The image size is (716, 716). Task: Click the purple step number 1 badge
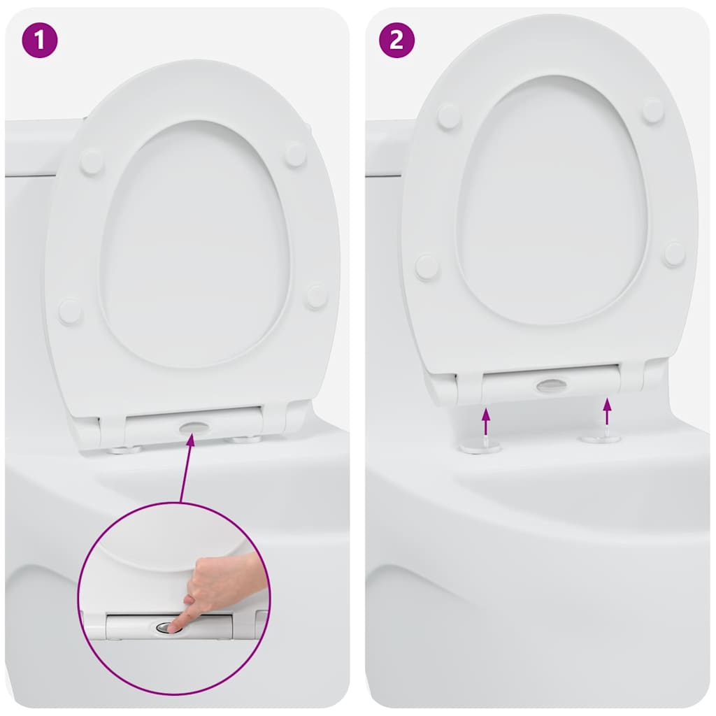pos(39,40)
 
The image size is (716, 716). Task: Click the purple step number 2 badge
pos(396,40)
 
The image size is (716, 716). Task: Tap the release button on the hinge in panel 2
pos(552,385)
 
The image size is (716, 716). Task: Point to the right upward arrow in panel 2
pos(607,411)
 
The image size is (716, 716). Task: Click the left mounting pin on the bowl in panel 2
pos(480,446)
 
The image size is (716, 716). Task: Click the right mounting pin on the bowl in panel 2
pos(601,438)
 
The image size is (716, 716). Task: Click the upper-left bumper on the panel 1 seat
pos(92,162)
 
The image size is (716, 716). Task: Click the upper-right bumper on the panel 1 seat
pos(295,154)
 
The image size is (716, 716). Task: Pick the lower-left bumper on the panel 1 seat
pos(70,310)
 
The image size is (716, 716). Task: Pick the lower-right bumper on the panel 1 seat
pos(316,296)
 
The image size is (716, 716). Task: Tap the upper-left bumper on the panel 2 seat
pos(449,116)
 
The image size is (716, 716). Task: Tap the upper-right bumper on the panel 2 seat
pos(653,110)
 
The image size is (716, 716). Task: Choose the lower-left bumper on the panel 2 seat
pos(427,266)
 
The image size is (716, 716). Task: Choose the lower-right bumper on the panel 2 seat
pos(674,254)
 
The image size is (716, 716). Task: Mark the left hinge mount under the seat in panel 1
pos(125,449)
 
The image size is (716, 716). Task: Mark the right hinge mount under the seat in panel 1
pos(246,439)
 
